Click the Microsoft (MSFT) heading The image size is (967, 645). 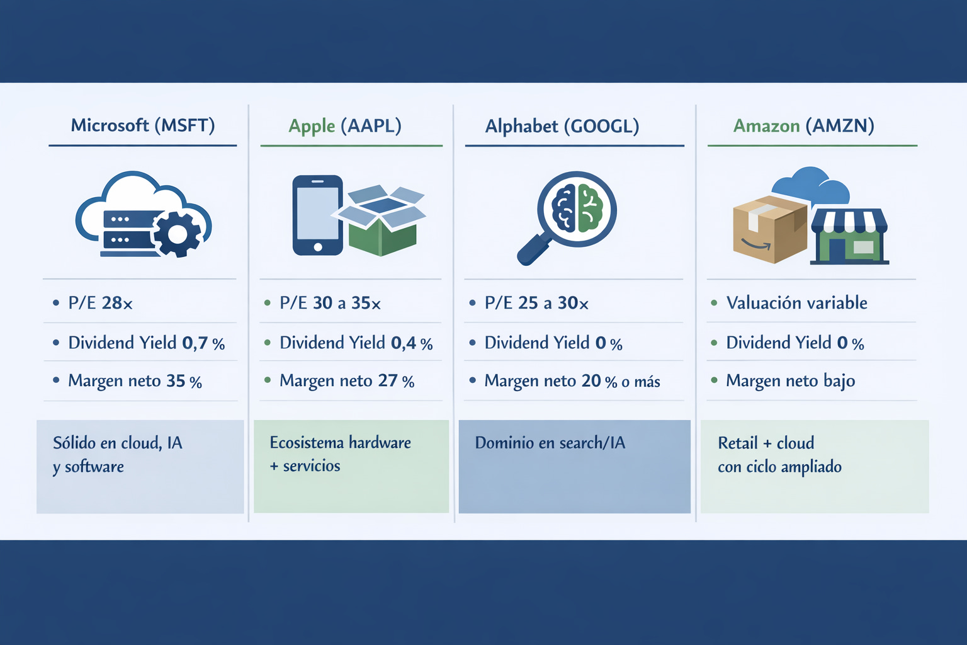(143, 125)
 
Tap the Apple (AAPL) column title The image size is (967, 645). (345, 126)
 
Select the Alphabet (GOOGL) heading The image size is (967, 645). (562, 126)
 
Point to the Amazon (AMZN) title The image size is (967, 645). (803, 126)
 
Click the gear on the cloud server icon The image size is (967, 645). (177, 234)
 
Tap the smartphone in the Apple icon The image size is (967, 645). (317, 215)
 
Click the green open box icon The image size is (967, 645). (383, 220)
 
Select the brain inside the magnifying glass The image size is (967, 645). (577, 208)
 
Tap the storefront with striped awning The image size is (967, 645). (849, 236)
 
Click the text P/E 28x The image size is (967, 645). (101, 304)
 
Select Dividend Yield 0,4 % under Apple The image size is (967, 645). (356, 343)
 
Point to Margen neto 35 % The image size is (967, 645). (135, 381)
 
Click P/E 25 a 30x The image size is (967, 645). (536, 304)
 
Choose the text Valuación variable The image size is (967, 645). (796, 303)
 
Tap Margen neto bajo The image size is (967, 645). (790, 381)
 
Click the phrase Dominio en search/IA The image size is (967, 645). (550, 443)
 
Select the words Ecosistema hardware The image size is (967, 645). (340, 443)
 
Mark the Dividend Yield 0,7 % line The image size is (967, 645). (146, 343)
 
